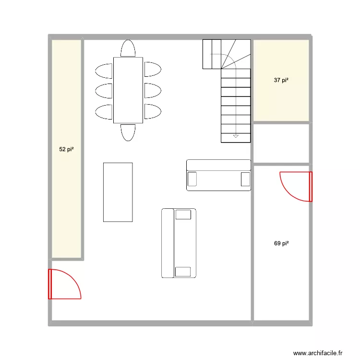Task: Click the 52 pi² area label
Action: pyautogui.click(x=66, y=150)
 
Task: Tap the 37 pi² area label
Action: pyautogui.click(x=281, y=81)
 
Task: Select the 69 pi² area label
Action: pyautogui.click(x=281, y=244)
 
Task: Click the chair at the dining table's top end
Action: pyautogui.click(x=128, y=49)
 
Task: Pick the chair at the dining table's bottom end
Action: pyautogui.click(x=128, y=132)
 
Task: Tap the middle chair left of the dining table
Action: pyautogui.click(x=104, y=90)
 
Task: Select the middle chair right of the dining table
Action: pyautogui.click(x=152, y=90)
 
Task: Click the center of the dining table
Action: pyautogui.click(x=128, y=90)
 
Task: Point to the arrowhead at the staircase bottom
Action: pyautogui.click(x=236, y=136)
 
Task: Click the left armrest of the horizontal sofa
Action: pyautogui.click(x=192, y=179)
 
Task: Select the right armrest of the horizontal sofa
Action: pyautogui.click(x=245, y=179)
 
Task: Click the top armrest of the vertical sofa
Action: pyautogui.click(x=183, y=215)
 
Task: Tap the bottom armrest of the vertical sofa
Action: pyautogui.click(x=183, y=272)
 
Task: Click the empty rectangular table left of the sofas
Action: pyautogui.click(x=118, y=192)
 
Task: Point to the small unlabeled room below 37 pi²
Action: pyautogui.click(x=281, y=144)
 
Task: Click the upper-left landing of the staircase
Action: pyautogui.click(x=212, y=54)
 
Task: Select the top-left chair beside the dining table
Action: pyautogui.click(x=104, y=70)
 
